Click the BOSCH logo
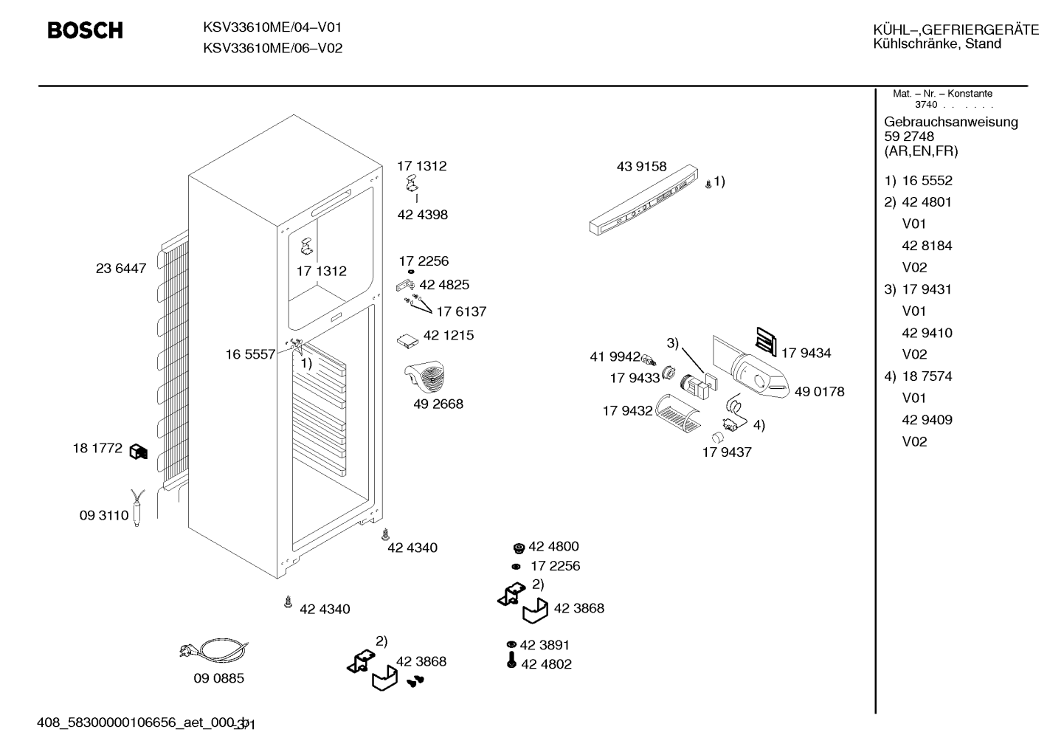85,30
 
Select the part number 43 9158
641,166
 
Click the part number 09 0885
218,678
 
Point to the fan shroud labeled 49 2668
425,376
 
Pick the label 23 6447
121,269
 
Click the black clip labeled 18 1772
139,452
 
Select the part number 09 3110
104,515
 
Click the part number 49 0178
819,391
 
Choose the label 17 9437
727,452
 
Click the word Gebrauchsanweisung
951,122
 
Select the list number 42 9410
927,333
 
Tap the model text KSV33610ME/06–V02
273,49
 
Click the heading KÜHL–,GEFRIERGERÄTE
956,30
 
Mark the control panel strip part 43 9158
643,200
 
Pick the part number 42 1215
449,335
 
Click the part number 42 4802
546,664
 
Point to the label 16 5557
250,354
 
